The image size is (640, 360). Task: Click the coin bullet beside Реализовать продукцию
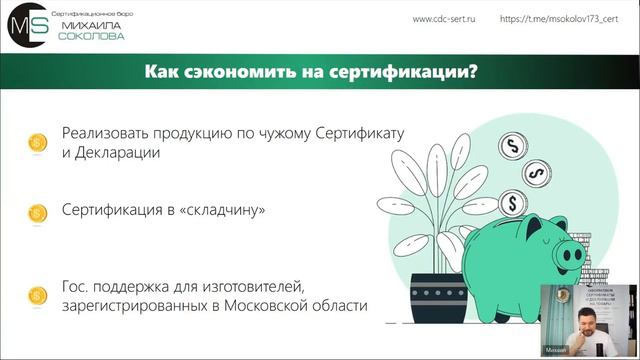click(37, 143)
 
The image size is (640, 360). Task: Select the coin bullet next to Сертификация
click(37, 212)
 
